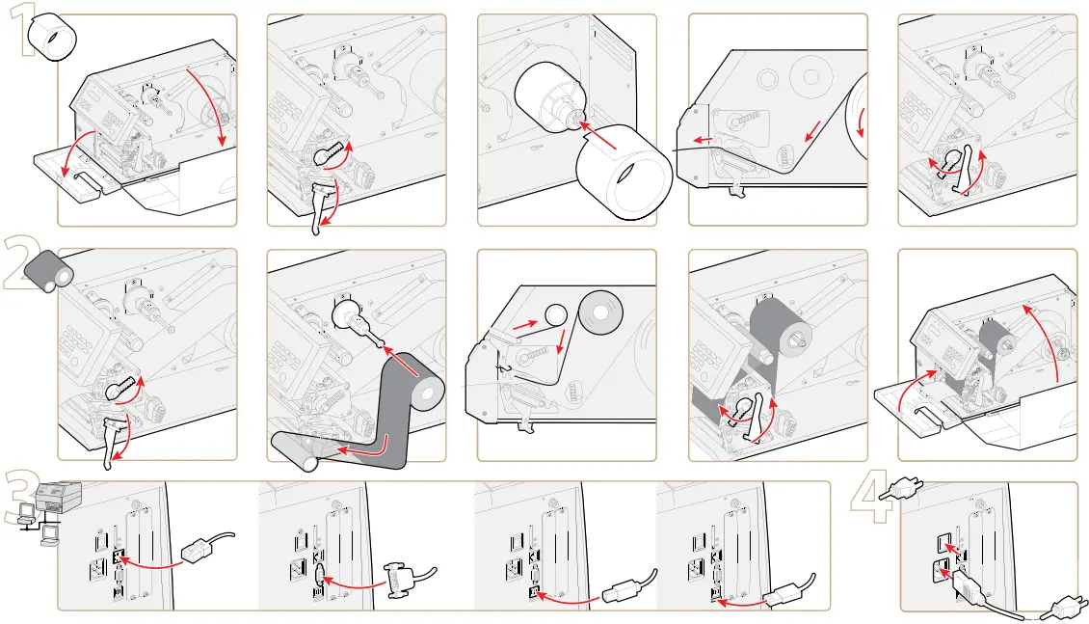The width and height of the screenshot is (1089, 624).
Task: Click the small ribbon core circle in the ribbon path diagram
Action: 555,314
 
